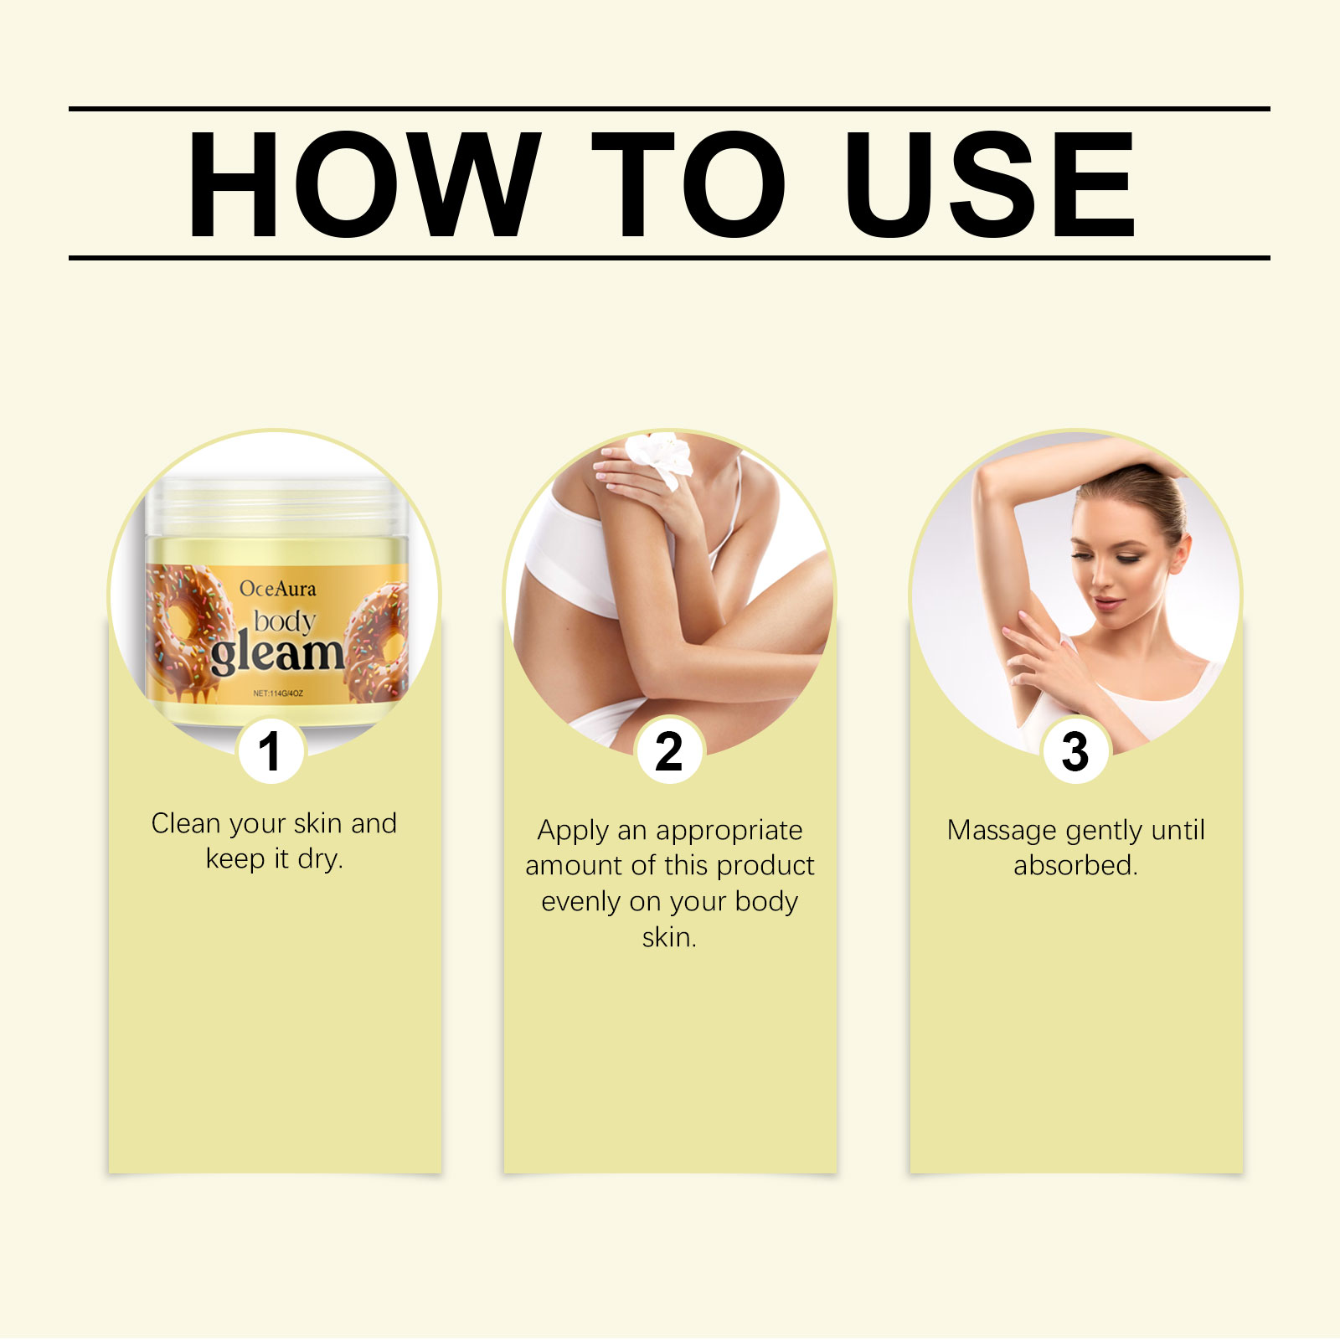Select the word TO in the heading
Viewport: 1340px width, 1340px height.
click(689, 184)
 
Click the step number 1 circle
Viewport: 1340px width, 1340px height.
click(270, 750)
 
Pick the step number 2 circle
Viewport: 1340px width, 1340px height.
click(669, 750)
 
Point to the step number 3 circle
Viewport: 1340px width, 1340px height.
click(1075, 750)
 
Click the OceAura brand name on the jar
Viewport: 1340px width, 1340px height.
click(278, 589)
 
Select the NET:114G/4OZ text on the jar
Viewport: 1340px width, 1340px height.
click(278, 693)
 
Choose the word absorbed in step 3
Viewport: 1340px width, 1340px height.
click(1075, 865)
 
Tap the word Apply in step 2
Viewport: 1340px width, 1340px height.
click(573, 832)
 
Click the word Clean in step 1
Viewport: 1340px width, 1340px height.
click(185, 823)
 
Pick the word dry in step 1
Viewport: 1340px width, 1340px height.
click(320, 860)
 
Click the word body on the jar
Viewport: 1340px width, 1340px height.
click(285, 622)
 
